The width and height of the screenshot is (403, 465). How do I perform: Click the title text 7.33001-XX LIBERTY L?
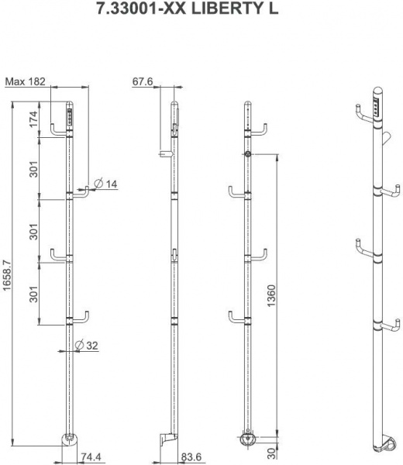[188, 9]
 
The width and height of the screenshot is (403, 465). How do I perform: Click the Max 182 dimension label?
[26, 81]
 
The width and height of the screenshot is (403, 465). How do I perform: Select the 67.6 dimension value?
[143, 81]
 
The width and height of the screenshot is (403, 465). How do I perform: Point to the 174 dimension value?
[33, 119]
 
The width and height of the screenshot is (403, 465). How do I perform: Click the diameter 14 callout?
[105, 184]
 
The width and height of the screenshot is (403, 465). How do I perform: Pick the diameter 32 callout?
[87, 345]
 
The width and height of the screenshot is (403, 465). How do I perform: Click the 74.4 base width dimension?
[91, 456]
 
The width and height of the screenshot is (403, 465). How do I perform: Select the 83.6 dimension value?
[191, 456]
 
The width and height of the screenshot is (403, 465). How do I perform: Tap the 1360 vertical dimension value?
[271, 296]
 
